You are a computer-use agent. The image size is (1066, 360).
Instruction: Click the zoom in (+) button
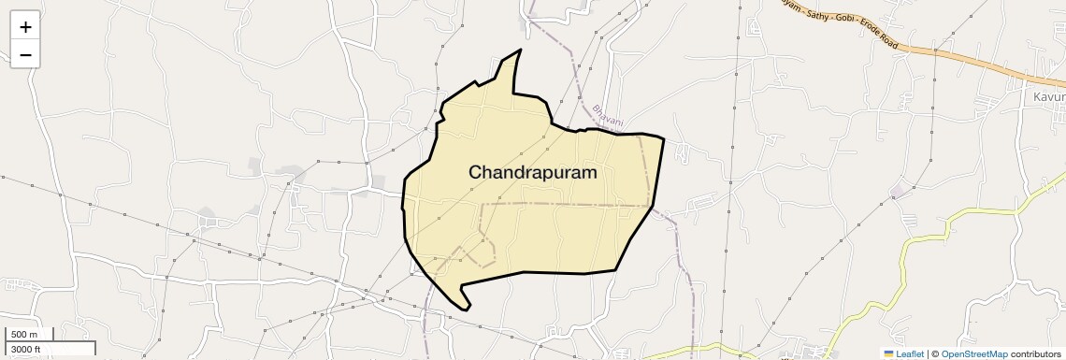(25, 26)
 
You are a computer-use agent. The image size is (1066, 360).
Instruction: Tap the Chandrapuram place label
(532, 173)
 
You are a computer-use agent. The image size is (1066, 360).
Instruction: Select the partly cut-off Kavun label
(1048, 97)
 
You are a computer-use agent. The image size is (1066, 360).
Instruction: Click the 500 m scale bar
(28, 335)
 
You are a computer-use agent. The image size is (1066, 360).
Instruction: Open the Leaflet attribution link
(908, 353)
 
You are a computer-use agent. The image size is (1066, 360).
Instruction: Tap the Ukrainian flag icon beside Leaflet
(889, 353)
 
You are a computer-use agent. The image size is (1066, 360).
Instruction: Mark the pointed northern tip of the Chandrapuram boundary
(520, 50)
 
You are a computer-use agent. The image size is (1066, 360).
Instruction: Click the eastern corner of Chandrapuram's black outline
(664, 139)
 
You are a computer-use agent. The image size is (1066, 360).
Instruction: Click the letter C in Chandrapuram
(476, 173)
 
